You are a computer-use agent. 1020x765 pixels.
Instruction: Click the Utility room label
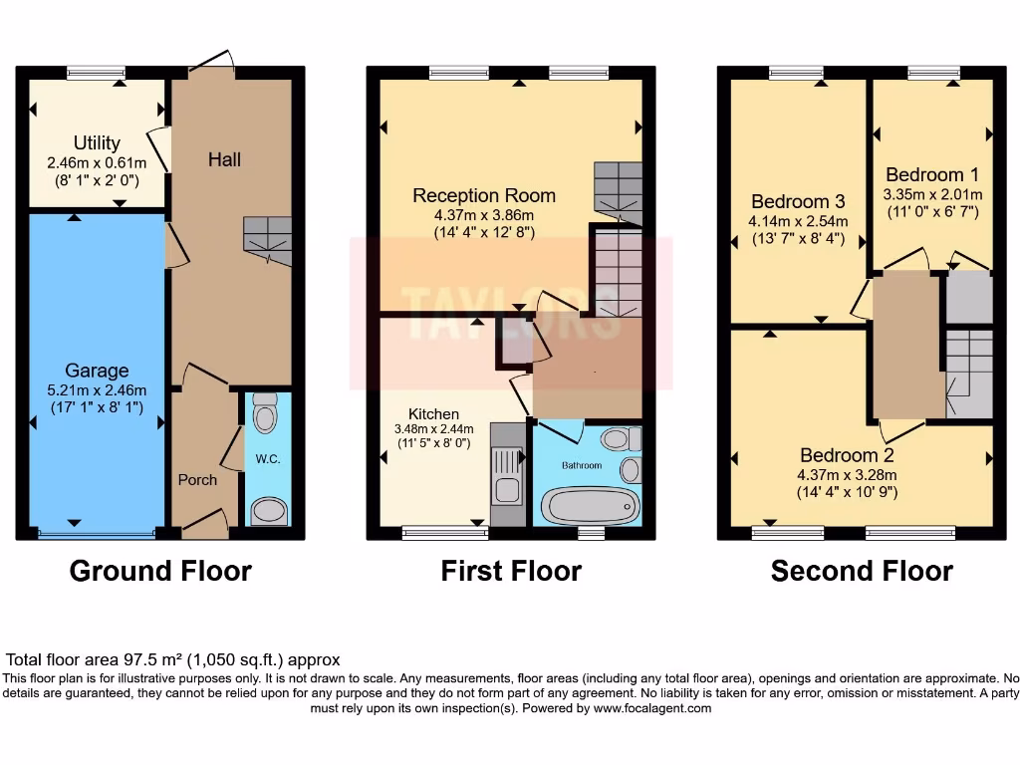(97, 143)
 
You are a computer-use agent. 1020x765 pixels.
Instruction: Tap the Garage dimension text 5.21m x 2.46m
(97, 389)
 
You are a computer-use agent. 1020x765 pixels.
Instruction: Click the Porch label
(197, 479)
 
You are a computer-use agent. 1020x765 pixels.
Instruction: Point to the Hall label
(224, 159)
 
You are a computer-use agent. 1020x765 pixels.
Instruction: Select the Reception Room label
(484, 195)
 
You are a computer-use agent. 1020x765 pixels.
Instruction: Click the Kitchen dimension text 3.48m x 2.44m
(434, 429)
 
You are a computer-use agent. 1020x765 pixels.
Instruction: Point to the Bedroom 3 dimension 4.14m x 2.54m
(799, 221)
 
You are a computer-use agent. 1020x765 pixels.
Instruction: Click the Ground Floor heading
(160, 571)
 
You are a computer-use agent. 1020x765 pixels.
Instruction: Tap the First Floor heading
(511, 571)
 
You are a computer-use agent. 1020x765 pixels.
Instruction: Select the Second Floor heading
(862, 571)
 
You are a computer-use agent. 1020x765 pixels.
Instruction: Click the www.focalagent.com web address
(652, 708)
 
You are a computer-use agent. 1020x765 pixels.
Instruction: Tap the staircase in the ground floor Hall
(268, 241)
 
